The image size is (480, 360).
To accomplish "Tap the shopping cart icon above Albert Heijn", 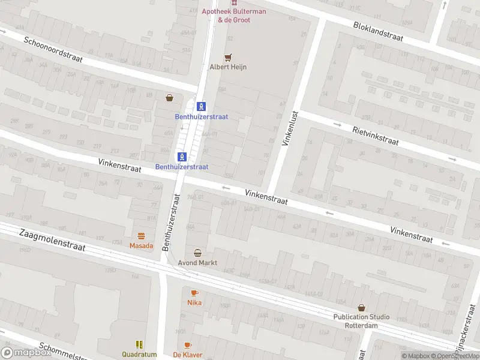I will click(227, 58).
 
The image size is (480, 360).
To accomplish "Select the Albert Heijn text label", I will click(227, 67).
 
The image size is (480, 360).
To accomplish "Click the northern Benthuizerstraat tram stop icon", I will click(202, 106).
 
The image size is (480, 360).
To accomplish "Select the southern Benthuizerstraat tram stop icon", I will click(182, 157).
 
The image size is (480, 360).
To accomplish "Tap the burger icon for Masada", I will click(142, 236).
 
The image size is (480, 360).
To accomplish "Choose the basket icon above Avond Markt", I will click(197, 253).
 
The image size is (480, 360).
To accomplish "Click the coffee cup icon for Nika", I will click(194, 293).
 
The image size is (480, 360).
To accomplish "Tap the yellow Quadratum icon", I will click(139, 344).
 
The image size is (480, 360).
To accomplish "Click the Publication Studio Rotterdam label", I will click(361, 321).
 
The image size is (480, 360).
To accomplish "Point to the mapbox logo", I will click(27, 353).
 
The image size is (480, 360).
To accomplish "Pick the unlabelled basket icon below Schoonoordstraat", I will click(170, 97).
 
